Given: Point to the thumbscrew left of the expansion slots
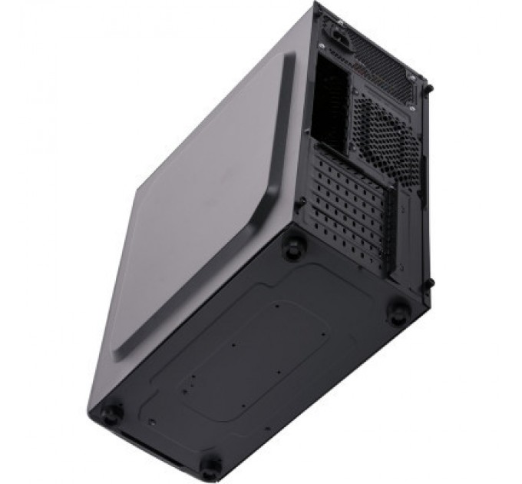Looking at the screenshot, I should coord(304,201).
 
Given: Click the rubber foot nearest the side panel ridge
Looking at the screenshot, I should coord(292,247).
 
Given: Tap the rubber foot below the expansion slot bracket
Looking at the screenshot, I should coord(399,311).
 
